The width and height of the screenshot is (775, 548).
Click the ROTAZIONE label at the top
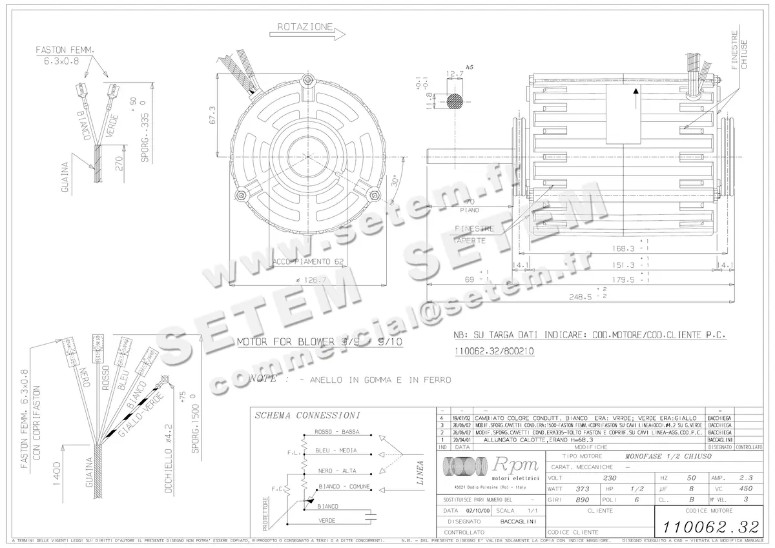(x=305, y=27)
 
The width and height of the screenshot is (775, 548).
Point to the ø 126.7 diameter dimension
(x=311, y=279)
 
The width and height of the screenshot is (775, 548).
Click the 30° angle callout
(x=394, y=181)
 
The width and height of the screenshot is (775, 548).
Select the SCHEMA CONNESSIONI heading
(x=307, y=415)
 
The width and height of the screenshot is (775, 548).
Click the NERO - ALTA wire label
(x=337, y=470)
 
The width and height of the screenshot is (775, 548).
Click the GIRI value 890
(x=582, y=500)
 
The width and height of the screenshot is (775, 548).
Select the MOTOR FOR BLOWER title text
(x=320, y=341)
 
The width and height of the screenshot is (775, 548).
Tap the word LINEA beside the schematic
(x=420, y=472)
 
